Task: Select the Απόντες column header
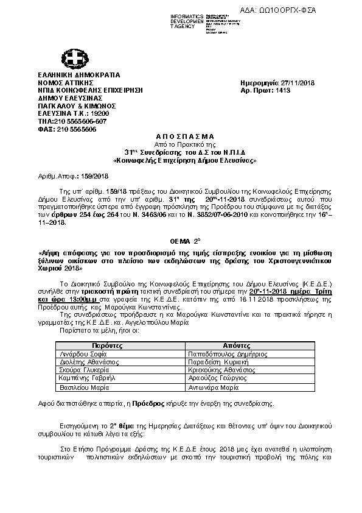(x=232, y=345)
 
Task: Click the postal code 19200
(x=82, y=113)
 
